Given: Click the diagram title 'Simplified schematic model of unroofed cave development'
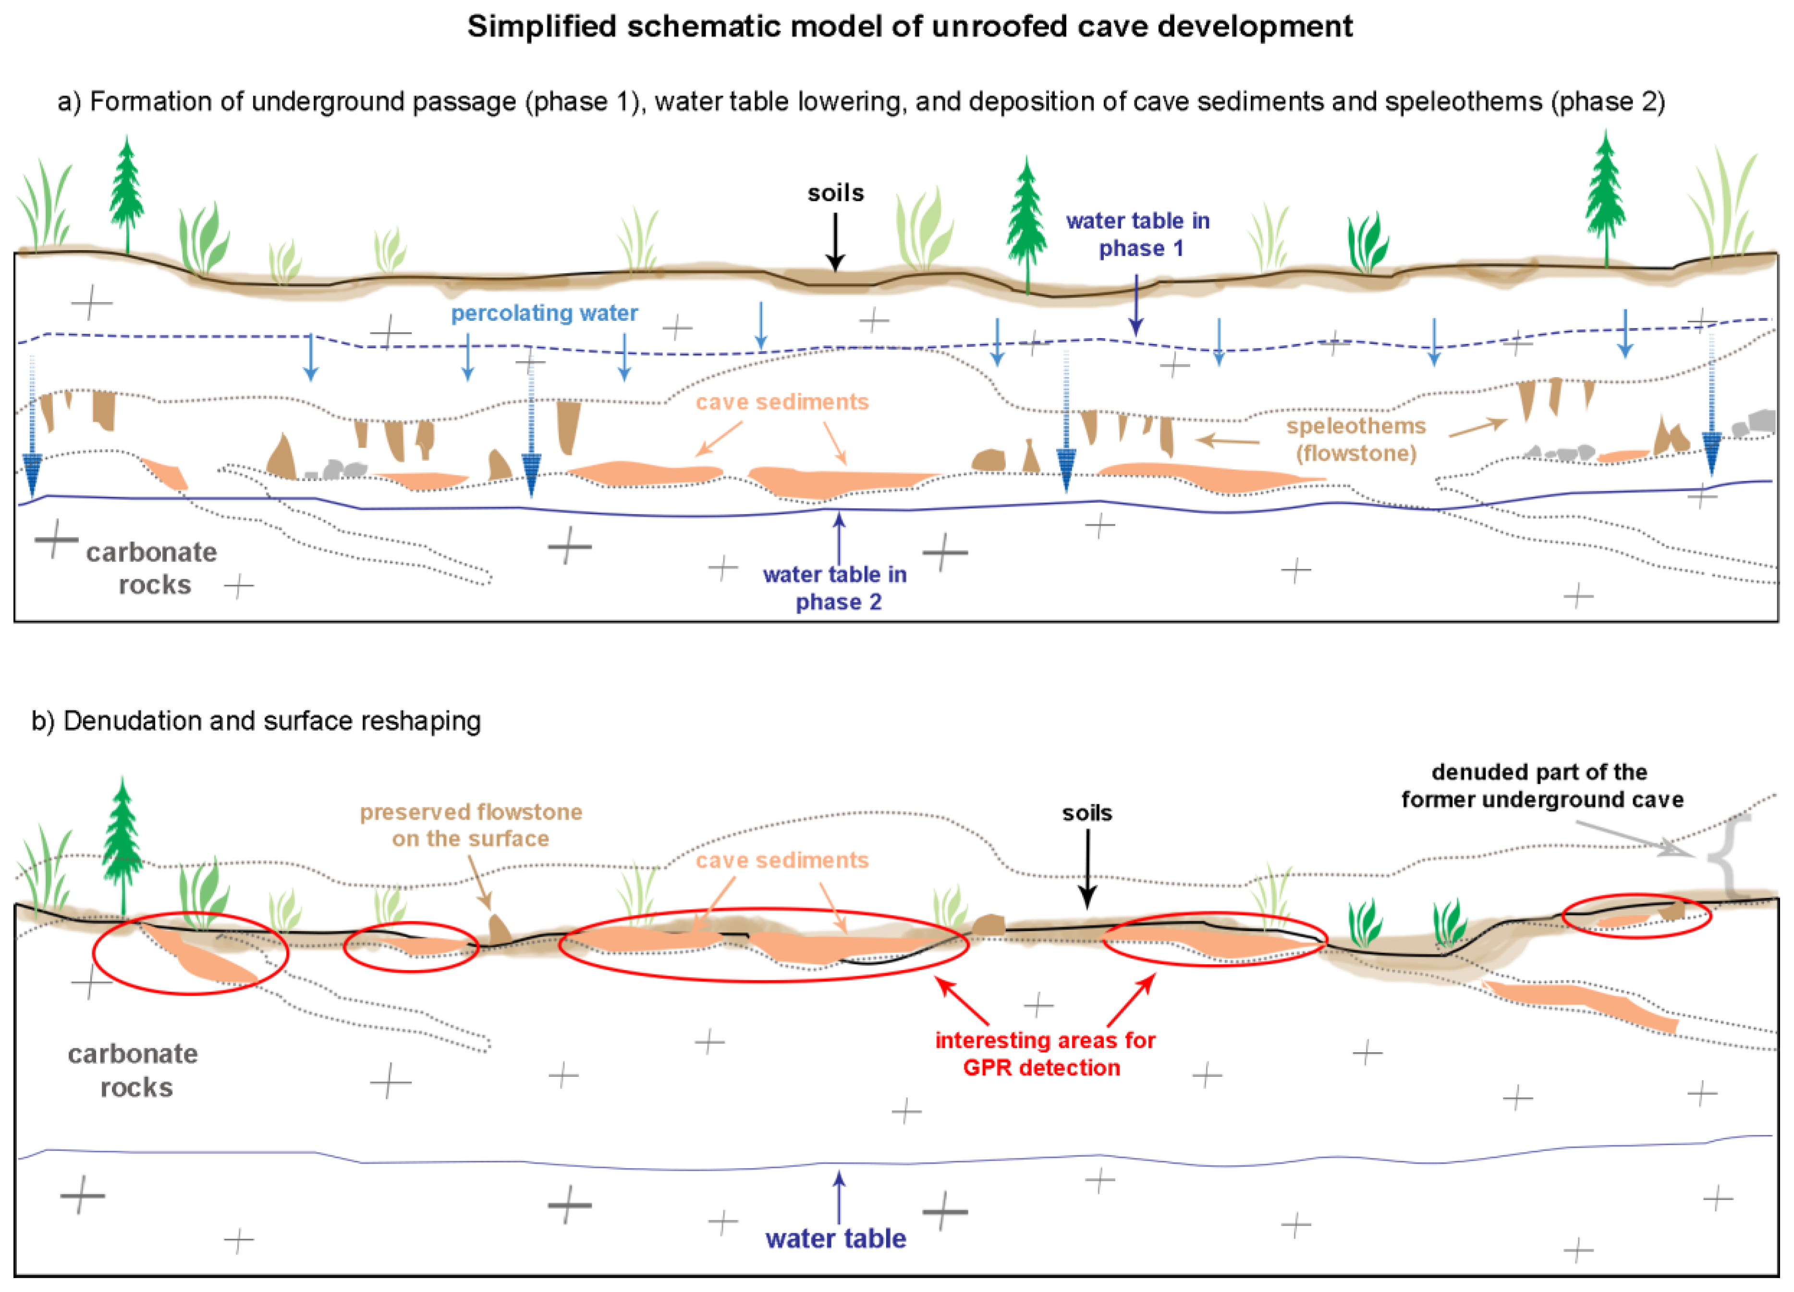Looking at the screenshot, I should [910, 27].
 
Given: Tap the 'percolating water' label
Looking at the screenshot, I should [544, 313].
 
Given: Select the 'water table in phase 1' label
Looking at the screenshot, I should [1137, 234].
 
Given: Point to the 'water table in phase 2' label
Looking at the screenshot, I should [835, 588].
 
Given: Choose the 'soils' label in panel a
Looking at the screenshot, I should [835, 193].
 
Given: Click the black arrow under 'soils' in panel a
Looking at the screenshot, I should [835, 241].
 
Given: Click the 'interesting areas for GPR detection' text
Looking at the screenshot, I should [1044, 1054].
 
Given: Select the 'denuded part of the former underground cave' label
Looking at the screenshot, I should [1542, 786].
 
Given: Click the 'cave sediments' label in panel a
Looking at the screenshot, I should [781, 402].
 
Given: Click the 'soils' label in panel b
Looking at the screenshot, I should [1087, 813].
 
